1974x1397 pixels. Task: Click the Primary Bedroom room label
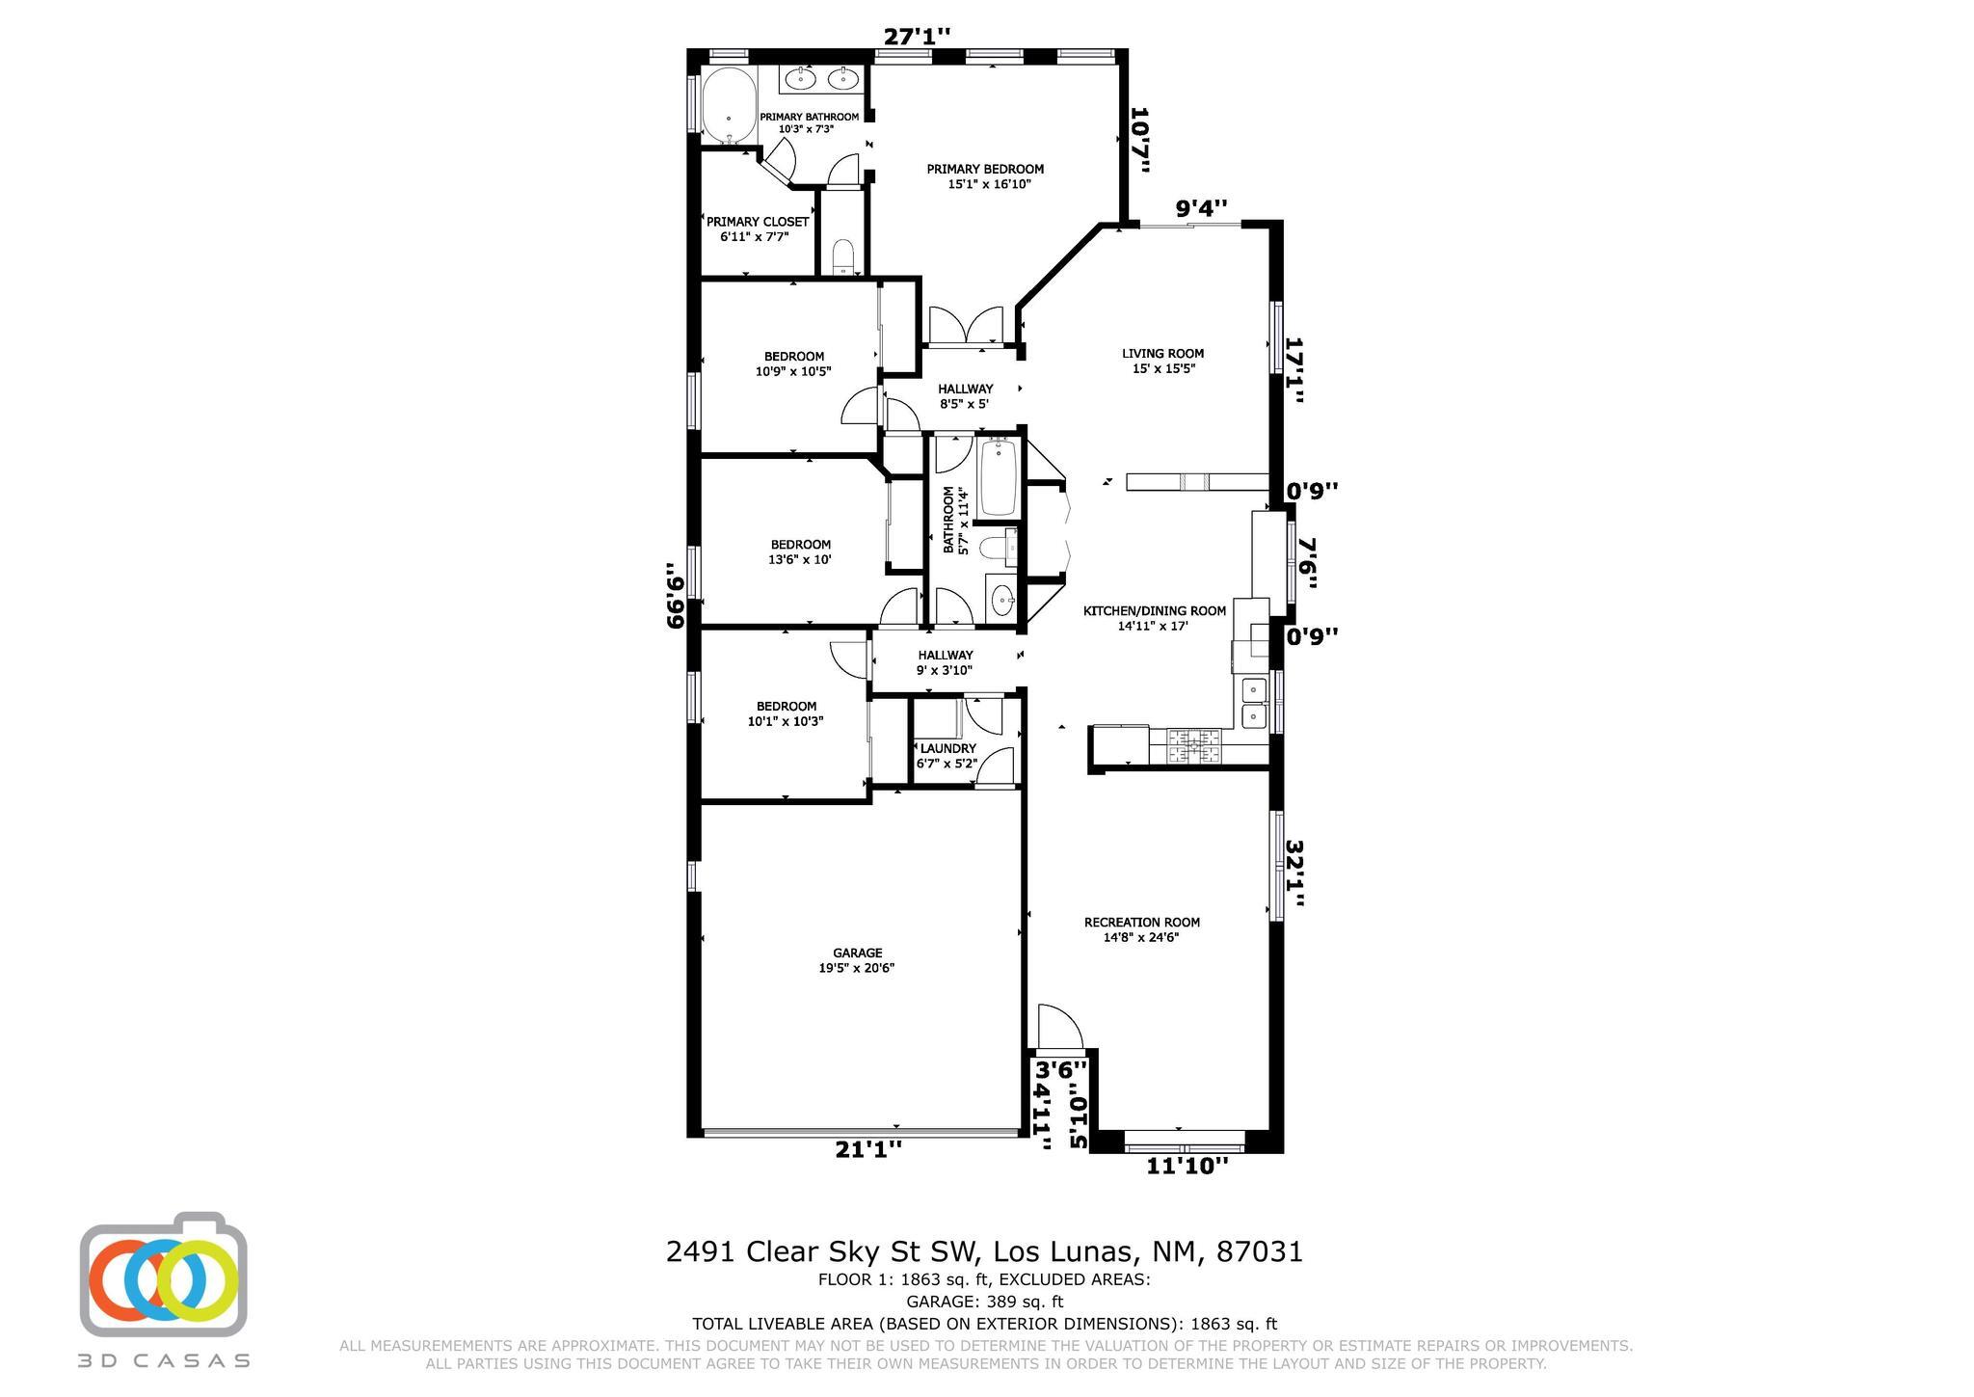[x=985, y=169]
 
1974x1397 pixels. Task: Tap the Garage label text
[x=857, y=954]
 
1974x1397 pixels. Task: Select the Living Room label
[x=1162, y=353]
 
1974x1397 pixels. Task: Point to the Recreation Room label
[x=1141, y=922]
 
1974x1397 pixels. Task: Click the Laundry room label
[x=947, y=748]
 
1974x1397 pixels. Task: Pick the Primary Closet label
[x=758, y=222]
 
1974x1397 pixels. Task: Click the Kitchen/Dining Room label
[x=1155, y=610]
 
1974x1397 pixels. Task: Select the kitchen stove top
[x=1194, y=745]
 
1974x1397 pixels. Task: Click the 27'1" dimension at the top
[x=917, y=37]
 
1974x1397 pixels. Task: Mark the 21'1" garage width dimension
[x=868, y=1149]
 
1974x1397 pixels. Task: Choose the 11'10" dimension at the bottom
[x=1187, y=1167]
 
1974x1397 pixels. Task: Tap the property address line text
[x=984, y=1251]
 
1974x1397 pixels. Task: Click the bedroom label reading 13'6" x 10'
[x=800, y=551]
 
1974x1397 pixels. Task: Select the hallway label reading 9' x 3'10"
[x=945, y=662]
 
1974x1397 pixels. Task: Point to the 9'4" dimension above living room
[x=1201, y=207]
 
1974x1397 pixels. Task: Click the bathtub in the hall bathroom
[x=999, y=478]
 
